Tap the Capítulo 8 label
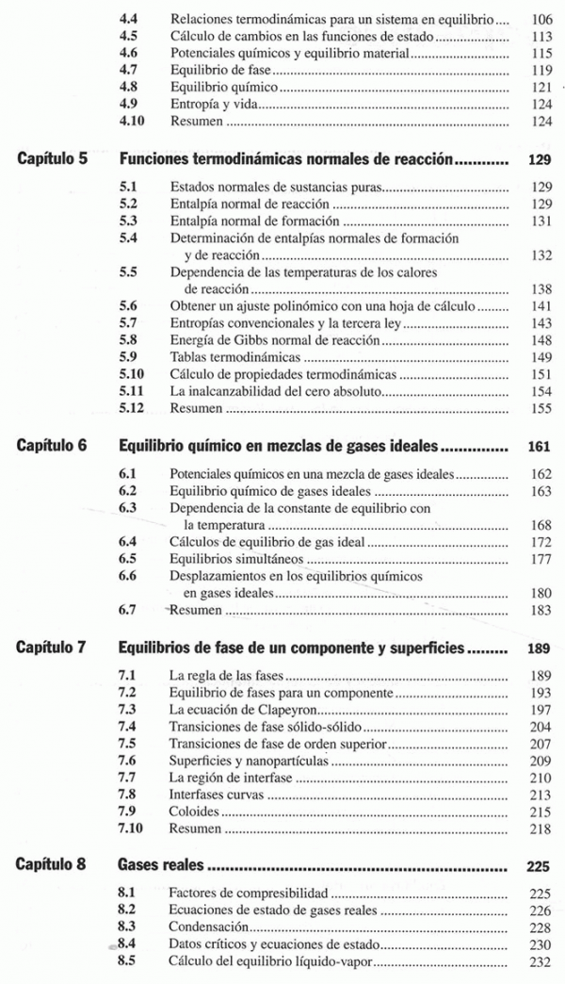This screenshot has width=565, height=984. (x=54, y=865)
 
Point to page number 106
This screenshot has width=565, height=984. (x=541, y=19)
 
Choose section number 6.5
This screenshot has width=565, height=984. (x=132, y=558)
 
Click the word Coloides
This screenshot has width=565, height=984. (x=194, y=812)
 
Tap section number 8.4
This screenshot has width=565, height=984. (x=132, y=944)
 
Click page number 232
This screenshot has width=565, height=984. (x=541, y=962)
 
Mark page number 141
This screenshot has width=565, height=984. (x=541, y=306)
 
